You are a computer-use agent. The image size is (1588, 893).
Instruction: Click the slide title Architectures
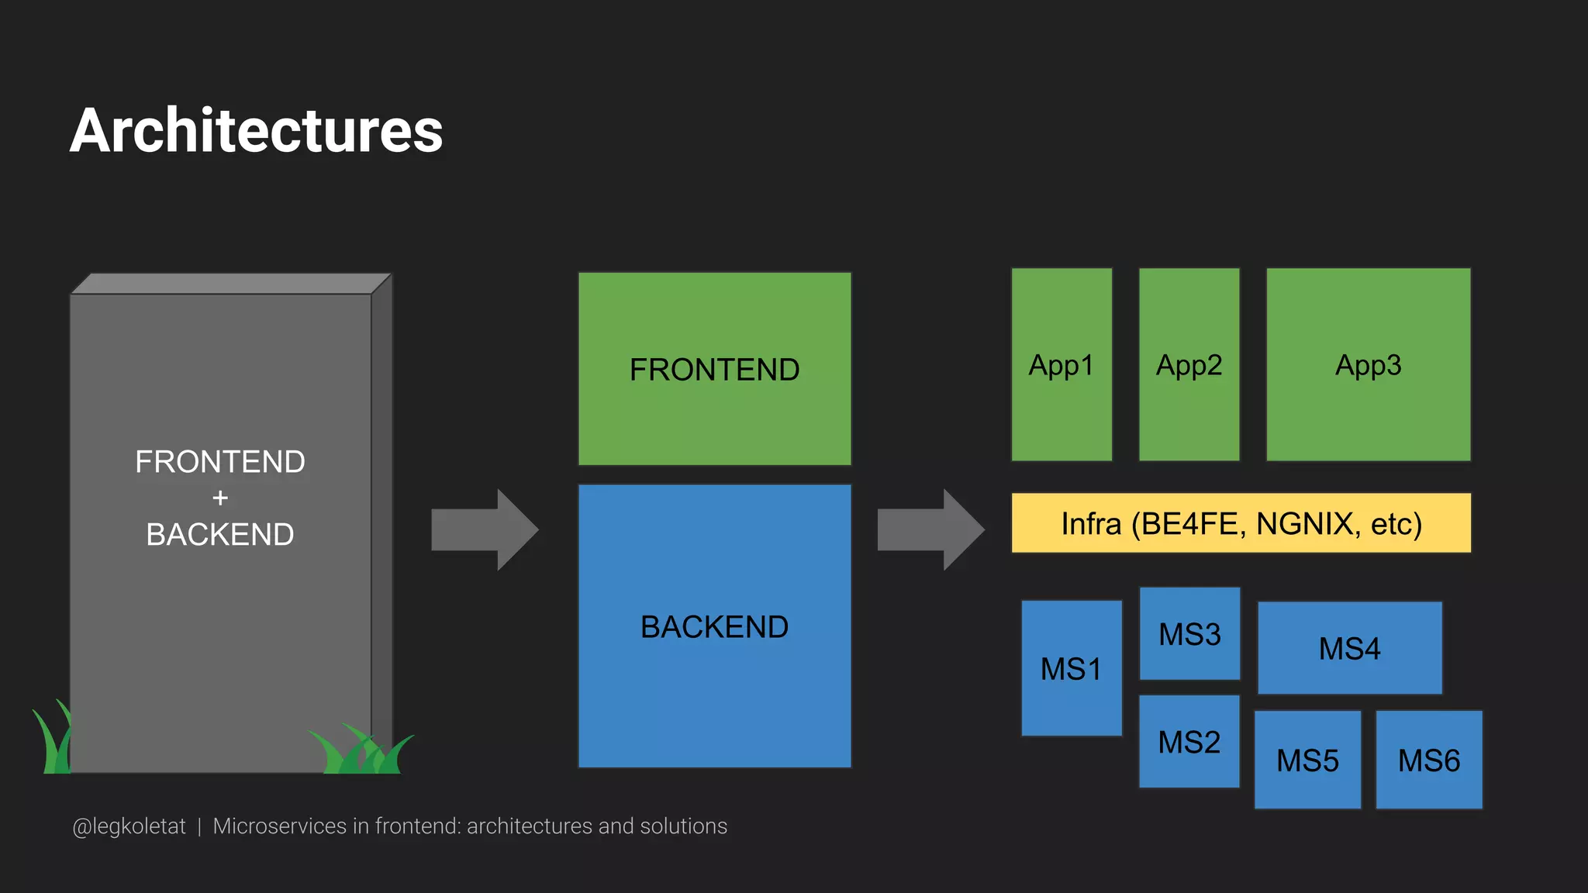[x=256, y=130]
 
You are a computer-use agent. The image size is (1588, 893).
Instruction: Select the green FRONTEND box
[x=714, y=369]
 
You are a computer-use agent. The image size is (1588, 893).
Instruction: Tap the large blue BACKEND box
[x=714, y=626]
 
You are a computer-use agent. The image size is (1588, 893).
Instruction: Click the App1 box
[x=1061, y=365]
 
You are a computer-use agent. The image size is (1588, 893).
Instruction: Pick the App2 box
[x=1189, y=365]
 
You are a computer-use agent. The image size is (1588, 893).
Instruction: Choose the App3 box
[x=1368, y=365]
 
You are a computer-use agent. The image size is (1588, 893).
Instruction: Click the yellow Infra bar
[x=1241, y=523]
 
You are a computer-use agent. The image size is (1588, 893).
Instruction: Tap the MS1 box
[x=1071, y=668]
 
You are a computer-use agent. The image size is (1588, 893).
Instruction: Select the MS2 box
[x=1189, y=742]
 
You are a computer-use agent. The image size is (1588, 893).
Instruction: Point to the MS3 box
[x=1189, y=634]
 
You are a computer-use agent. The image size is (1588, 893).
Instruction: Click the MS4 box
[x=1349, y=648]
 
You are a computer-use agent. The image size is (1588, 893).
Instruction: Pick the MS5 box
[x=1307, y=760]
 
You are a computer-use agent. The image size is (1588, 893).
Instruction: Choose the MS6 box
[x=1428, y=760]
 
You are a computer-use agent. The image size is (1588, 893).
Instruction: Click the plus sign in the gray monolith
[x=220, y=498]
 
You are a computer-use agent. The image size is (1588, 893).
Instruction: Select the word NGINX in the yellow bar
[x=1305, y=524]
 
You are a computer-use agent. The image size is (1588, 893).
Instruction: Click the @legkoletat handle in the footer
[x=129, y=826]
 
